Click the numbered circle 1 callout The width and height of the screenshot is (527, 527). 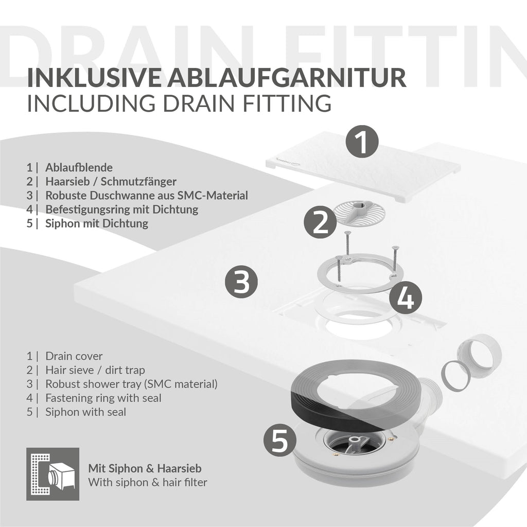(x=362, y=142)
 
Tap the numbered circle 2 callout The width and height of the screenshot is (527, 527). (x=320, y=222)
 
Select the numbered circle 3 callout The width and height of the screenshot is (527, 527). (x=241, y=282)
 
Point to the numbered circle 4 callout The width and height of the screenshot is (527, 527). (x=406, y=297)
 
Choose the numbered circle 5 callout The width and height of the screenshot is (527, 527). (x=279, y=440)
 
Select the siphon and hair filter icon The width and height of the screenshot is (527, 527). (x=53, y=474)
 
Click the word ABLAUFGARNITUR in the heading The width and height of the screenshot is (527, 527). (x=287, y=78)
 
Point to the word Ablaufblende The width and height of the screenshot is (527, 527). (x=79, y=167)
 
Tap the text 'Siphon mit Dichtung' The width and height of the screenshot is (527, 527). (x=97, y=223)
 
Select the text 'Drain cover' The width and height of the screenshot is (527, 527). (x=74, y=356)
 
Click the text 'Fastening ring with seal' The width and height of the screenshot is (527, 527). (x=103, y=398)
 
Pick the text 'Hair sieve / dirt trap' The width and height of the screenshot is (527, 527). (x=95, y=370)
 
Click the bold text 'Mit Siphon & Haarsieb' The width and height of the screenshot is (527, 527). (x=145, y=468)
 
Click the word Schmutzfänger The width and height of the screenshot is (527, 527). (x=138, y=182)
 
